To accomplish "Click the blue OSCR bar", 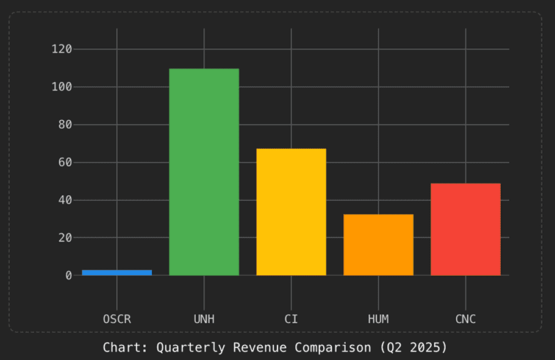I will [116, 272].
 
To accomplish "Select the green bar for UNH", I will [204, 172].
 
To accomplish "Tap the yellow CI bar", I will [291, 212].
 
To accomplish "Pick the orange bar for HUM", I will [378, 245].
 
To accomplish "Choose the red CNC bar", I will [465, 229].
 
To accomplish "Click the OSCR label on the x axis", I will [116, 319].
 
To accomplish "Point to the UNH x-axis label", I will [204, 319].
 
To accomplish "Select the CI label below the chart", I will [291, 319].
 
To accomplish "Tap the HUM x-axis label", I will [378, 319].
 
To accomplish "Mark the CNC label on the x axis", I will [465, 319].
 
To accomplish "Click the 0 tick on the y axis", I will [68, 275].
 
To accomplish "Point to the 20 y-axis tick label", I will [65, 237].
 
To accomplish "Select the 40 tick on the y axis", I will [65, 200].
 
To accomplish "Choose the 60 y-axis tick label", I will [65, 162].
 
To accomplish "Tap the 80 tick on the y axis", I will [65, 124].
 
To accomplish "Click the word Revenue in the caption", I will [257, 348].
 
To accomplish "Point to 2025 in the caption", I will [429, 348].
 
